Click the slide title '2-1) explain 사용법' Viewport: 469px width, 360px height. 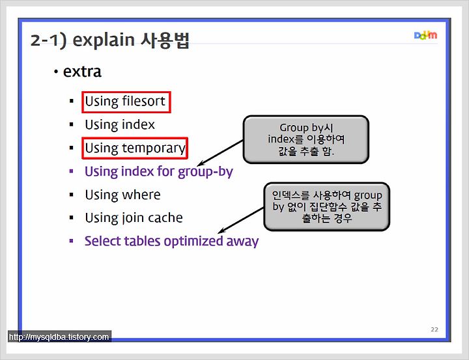tap(110, 40)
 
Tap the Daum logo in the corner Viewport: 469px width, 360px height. tap(425, 35)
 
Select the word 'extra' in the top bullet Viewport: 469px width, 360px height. tap(82, 72)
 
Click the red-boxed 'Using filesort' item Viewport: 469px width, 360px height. tap(126, 102)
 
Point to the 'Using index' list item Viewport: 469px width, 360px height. tap(120, 124)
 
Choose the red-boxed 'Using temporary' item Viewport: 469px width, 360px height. tap(135, 148)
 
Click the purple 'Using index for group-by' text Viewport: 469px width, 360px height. tap(159, 172)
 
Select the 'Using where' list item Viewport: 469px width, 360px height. tap(122, 195)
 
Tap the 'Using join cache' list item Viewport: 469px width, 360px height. tap(134, 218)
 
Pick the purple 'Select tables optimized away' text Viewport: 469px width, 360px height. tap(171, 241)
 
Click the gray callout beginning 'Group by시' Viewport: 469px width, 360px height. tap(306, 139)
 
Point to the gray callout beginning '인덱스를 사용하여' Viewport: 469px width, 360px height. tap(326, 206)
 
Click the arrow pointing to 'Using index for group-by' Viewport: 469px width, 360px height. tap(220, 153)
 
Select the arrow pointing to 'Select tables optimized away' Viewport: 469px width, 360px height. tap(241, 221)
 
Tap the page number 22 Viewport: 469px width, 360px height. tap(434, 329)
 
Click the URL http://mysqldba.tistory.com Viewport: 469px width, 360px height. tap(59, 337)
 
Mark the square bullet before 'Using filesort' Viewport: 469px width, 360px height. tap(72, 101)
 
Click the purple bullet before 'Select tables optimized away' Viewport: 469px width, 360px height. tap(72, 241)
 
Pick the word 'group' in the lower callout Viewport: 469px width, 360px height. tap(368, 196)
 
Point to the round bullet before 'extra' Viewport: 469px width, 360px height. tap(55, 72)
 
